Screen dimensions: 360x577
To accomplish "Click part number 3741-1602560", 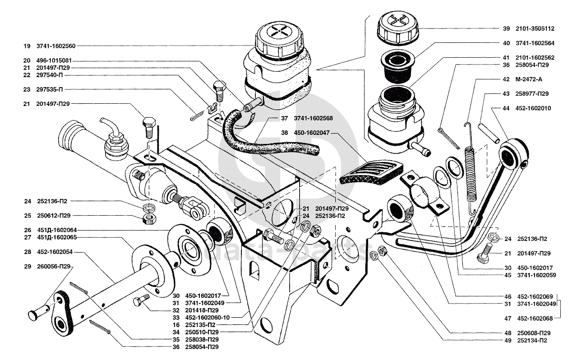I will pyautogui.click(x=56, y=46).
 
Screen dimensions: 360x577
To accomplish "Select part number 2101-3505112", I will pyautogui.click(x=535, y=28).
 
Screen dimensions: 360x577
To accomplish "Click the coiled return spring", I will pyautogui.click(x=471, y=174).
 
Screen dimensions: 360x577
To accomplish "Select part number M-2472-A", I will pyautogui.click(x=529, y=79).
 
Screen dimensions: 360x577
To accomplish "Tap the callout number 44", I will pyautogui.click(x=506, y=109).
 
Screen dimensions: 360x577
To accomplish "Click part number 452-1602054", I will pyautogui.click(x=56, y=252).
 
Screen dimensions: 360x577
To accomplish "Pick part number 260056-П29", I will pyautogui.click(x=56, y=267).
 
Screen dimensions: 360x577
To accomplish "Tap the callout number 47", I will pyautogui.click(x=508, y=319).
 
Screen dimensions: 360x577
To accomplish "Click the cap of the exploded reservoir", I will pyautogui.click(x=397, y=28).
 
